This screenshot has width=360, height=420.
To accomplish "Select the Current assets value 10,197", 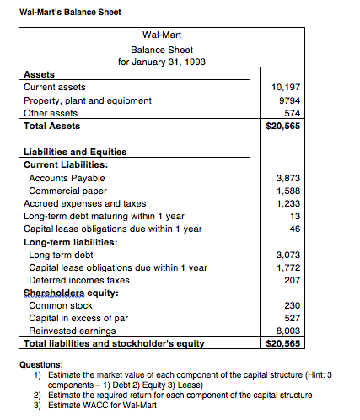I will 287,87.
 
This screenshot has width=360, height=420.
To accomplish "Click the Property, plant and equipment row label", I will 88,100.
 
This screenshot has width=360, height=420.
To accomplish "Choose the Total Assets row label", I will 52,126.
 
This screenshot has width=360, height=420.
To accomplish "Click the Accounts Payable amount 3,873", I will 288,178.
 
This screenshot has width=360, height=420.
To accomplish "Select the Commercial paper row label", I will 66,191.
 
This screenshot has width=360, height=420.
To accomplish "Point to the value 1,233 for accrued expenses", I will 288,203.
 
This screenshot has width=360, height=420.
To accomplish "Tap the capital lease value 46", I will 294,229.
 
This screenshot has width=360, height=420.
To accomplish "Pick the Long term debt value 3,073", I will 288,254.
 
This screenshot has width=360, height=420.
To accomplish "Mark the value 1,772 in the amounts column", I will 288,267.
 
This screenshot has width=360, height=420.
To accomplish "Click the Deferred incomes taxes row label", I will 79,280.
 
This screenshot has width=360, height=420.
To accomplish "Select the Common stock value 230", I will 292,305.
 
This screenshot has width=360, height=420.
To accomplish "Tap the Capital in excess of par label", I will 79,318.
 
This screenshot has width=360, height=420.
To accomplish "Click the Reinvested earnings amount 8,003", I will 288,331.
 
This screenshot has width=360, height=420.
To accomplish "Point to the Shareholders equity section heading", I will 71,293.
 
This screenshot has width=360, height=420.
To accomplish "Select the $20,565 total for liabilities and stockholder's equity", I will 282,343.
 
